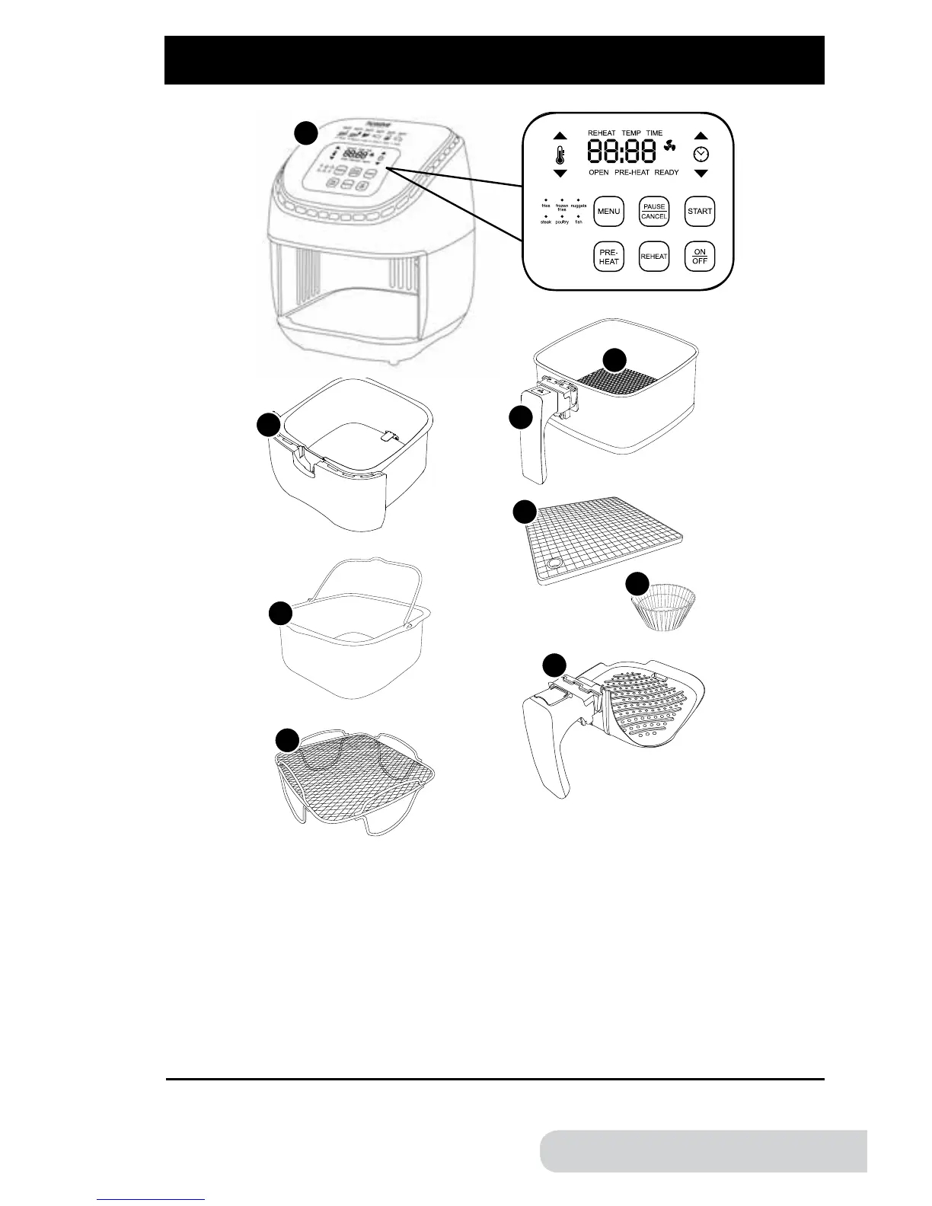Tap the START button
[699, 211]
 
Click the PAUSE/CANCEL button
[654, 211]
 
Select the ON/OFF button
[700, 256]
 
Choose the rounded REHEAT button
[654, 257]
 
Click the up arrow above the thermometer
[560, 136]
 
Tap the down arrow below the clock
[701, 174]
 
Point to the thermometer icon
[560, 155]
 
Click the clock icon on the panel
[701, 155]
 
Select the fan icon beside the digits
[670, 151]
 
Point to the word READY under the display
[666, 173]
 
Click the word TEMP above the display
[631, 133]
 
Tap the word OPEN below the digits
[598, 173]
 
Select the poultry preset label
[562, 222]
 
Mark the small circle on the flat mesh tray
[555, 564]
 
